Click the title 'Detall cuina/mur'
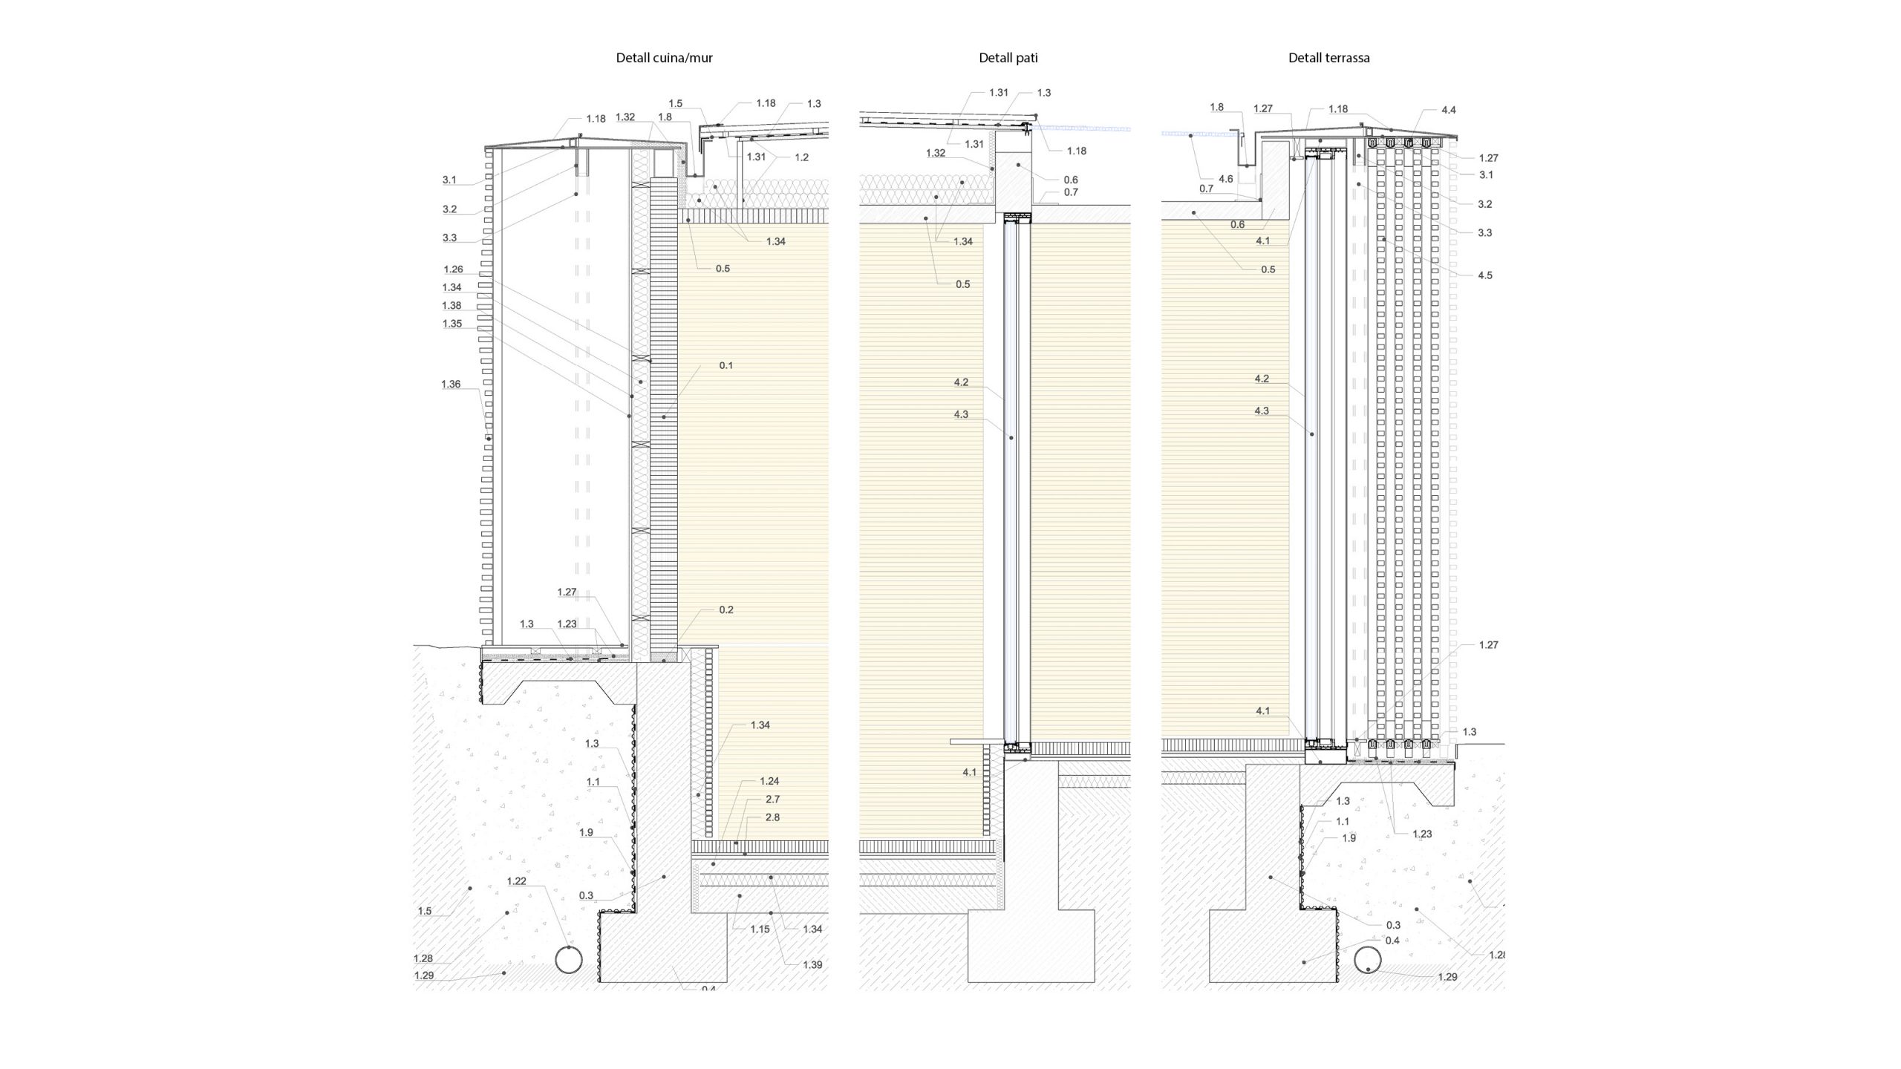(664, 58)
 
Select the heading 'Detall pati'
(1008, 58)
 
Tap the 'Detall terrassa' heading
(1328, 58)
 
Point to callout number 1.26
(453, 269)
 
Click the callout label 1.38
(451, 305)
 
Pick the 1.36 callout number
(451, 384)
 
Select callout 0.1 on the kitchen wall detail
(725, 365)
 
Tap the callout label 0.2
(725, 609)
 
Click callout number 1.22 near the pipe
(516, 881)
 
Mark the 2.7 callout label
(772, 799)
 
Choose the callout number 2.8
(772, 817)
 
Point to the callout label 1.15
(760, 929)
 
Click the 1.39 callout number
(812, 964)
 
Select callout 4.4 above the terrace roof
(1448, 110)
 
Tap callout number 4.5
(1484, 275)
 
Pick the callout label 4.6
(1225, 179)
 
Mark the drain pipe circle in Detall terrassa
(1369, 960)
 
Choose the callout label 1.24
(769, 781)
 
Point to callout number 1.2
(801, 157)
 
